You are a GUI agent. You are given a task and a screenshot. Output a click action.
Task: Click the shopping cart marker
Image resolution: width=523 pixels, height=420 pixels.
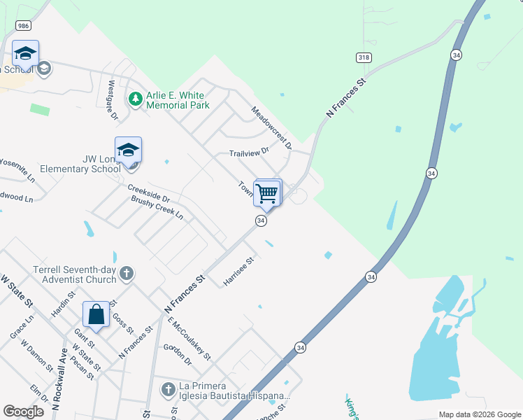267,192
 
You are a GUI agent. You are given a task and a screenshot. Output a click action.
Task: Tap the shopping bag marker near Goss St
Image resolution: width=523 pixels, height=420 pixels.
96,315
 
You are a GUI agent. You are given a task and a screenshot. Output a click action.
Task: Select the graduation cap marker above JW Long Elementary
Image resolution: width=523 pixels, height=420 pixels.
128,150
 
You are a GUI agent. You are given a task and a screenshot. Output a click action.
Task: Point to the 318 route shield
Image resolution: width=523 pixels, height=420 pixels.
363,57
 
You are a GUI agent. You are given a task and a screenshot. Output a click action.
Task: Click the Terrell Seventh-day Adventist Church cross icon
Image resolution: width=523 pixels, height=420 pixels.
126,273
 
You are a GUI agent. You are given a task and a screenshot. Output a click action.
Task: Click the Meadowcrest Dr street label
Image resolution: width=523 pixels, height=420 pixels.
271,127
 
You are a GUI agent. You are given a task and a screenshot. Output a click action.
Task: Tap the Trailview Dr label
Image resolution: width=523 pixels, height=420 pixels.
249,153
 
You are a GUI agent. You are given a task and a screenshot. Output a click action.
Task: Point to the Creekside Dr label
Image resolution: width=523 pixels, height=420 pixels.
148,194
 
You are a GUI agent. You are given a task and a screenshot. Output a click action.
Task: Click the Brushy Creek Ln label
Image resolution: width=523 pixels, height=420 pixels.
157,208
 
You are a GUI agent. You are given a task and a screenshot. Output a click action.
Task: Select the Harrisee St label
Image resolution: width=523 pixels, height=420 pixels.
238,271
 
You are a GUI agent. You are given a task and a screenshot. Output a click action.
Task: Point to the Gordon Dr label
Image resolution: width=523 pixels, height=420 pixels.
177,356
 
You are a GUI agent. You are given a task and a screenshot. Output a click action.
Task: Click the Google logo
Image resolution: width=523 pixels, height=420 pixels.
24,412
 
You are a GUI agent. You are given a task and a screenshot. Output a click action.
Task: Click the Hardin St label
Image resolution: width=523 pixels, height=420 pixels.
62,303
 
